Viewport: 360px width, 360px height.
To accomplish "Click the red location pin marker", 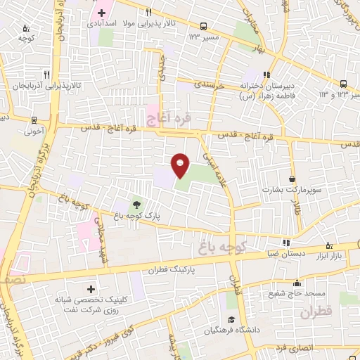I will (x=180, y=165).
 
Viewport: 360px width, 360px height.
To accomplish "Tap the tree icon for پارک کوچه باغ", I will (x=136, y=204).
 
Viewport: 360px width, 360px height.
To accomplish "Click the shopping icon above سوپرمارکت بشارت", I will (x=292, y=179).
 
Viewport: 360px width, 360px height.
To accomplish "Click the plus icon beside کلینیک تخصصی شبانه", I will (x=90, y=289).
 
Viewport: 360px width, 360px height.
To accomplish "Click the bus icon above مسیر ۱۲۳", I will (x=203, y=25).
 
